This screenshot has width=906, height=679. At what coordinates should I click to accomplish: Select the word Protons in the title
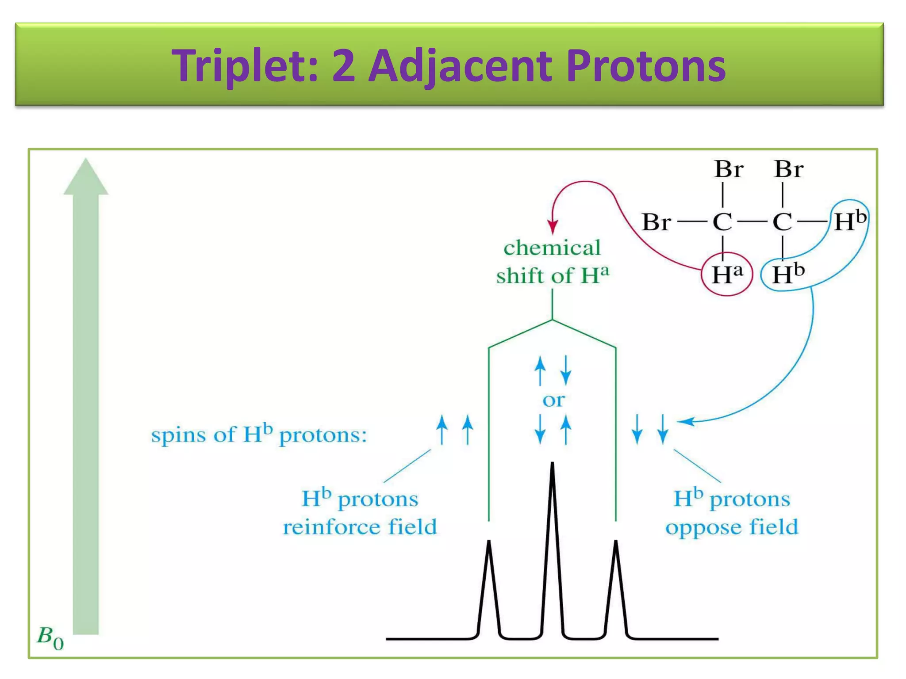click(x=645, y=66)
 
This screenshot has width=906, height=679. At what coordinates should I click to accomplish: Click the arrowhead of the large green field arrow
click(x=86, y=177)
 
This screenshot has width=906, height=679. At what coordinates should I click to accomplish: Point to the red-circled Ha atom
click(x=726, y=275)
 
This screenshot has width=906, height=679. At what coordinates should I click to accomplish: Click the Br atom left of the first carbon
click(x=656, y=222)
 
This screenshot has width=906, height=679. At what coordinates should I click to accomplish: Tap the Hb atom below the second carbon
click(x=788, y=274)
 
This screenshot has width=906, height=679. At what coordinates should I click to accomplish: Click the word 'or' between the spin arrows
click(x=553, y=401)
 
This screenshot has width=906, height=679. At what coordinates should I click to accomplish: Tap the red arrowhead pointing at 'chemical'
click(x=553, y=227)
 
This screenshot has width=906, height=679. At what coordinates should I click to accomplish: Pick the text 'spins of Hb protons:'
click(x=259, y=435)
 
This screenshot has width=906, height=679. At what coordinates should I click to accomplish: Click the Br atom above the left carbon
click(x=729, y=169)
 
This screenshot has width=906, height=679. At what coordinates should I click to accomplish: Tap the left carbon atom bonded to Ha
click(x=722, y=222)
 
